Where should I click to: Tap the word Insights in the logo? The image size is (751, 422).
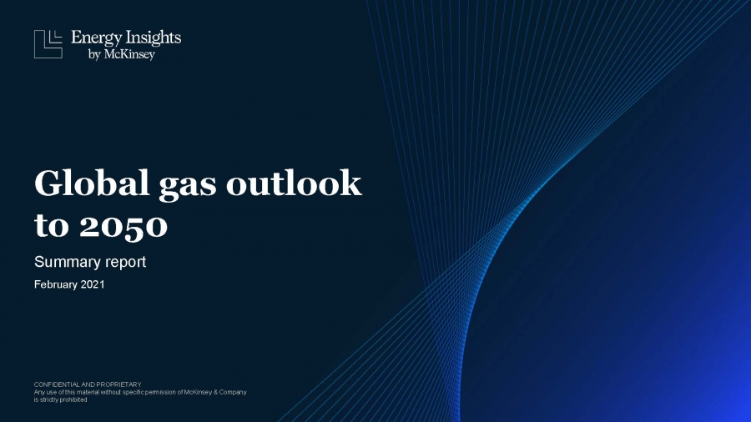coord(154,38)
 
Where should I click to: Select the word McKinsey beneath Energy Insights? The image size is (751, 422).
coord(129,54)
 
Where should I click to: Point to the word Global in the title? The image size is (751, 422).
coord(92,183)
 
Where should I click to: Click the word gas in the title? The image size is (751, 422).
coord(187,187)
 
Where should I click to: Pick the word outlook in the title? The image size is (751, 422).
coord(294,183)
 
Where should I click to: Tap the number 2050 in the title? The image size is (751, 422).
coord(123,226)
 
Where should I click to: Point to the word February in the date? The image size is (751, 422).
coord(55,284)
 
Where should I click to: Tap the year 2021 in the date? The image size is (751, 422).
coord(93,284)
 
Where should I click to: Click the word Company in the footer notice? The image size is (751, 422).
coord(233,392)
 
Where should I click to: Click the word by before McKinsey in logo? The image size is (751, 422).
coord(94,54)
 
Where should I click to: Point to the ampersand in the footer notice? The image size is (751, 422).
coord(215,392)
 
